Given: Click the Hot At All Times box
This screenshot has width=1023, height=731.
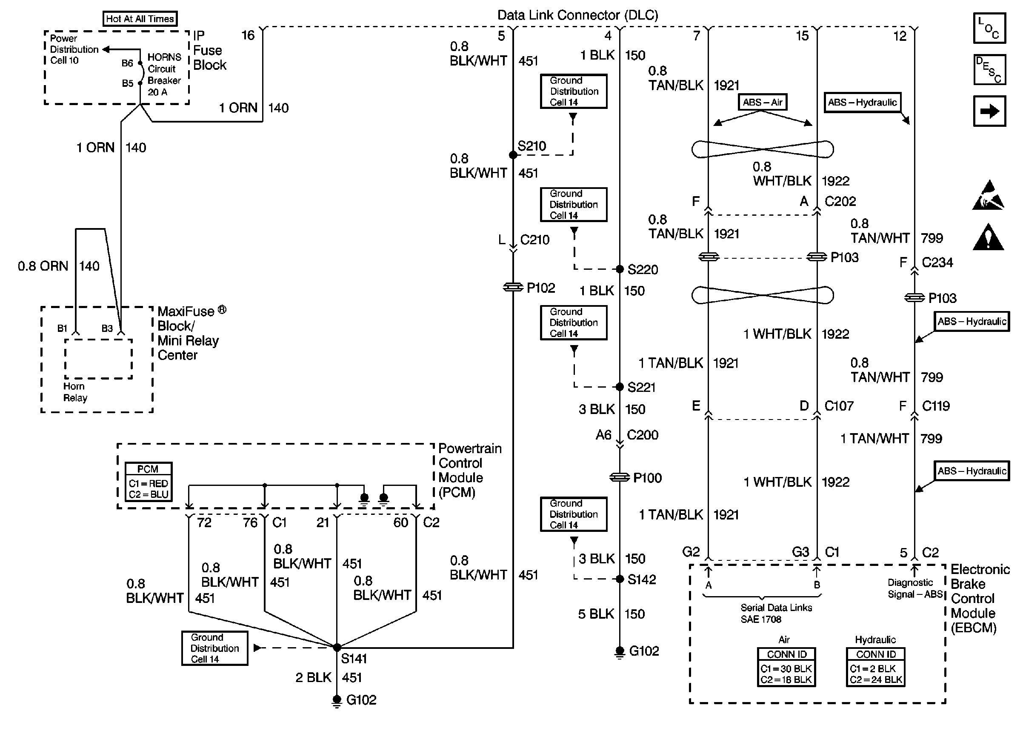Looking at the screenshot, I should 140,18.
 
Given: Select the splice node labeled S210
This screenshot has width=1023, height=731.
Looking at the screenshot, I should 513,155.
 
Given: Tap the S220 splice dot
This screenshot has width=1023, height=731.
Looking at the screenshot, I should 620,269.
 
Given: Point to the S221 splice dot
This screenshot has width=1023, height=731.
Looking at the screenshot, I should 620,387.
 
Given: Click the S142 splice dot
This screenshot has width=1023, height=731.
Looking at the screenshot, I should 620,579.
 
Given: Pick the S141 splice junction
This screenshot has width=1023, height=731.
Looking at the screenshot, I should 337,647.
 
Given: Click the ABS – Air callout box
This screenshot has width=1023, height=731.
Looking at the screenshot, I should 763,102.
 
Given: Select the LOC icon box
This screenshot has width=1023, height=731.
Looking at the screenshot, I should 989,28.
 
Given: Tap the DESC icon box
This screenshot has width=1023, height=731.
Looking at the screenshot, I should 989,70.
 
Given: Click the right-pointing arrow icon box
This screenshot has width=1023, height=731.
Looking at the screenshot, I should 989,111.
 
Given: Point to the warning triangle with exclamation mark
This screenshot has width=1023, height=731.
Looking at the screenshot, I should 988,237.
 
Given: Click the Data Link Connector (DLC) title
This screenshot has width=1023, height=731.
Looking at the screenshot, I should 577,15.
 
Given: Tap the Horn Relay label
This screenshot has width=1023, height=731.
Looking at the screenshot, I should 75,392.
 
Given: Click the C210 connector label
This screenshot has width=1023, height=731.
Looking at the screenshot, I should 534,240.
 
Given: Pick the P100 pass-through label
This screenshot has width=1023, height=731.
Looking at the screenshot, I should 647,477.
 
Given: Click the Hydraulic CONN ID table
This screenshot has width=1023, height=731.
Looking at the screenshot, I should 875,667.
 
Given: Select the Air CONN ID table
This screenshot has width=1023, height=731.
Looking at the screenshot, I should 786,667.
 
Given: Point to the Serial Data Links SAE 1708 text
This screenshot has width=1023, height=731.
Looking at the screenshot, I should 776,613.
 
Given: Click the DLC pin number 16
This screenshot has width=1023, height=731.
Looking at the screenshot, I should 248,35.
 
